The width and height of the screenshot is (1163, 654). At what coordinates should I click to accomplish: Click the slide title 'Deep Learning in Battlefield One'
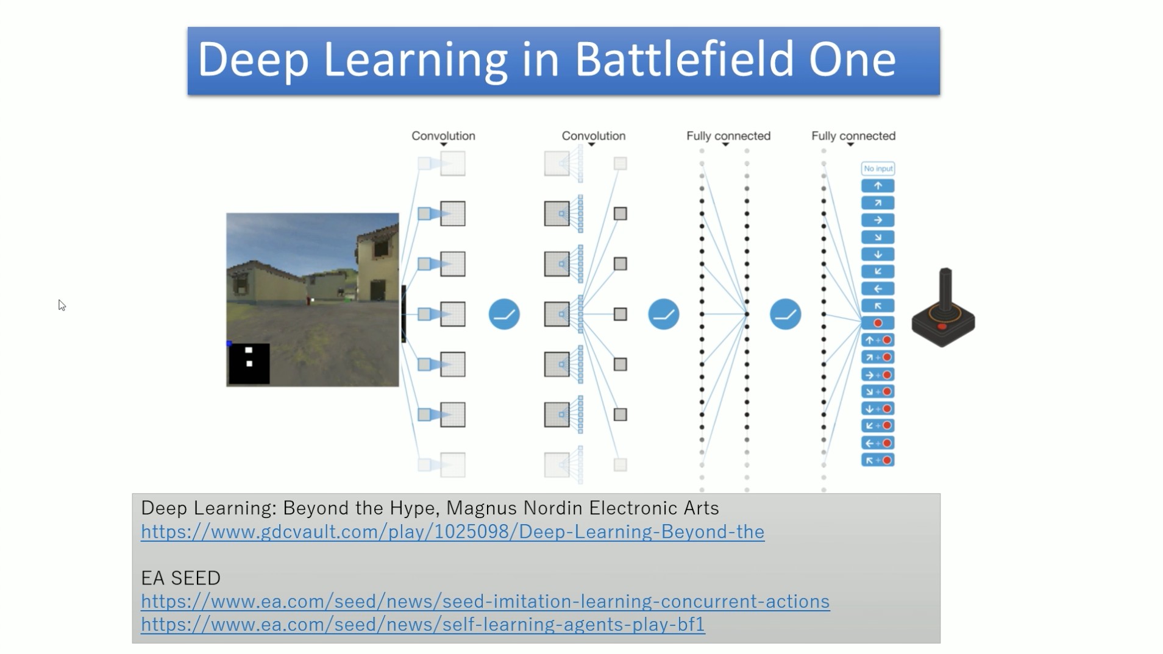click(547, 59)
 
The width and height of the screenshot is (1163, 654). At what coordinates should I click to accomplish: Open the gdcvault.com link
click(452, 532)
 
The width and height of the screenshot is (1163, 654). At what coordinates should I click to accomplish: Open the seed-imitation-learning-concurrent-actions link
click(485, 602)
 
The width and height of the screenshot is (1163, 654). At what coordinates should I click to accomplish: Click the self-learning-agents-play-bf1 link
click(423, 625)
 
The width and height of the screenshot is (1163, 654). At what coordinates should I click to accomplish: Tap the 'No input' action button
click(878, 168)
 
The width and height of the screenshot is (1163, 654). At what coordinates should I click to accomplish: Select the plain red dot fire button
click(878, 323)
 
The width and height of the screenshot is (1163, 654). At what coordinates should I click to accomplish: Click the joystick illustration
click(943, 308)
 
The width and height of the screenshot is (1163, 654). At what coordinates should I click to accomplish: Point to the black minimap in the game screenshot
click(249, 364)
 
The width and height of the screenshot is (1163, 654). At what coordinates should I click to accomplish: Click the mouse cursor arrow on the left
click(62, 305)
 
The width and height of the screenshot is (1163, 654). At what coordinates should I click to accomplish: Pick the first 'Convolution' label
click(443, 136)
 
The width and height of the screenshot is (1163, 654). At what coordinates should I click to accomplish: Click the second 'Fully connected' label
click(853, 136)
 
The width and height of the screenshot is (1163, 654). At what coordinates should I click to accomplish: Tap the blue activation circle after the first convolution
click(504, 314)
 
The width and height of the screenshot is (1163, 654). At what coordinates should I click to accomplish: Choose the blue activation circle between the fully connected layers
click(785, 314)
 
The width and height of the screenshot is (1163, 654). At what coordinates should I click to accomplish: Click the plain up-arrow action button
click(878, 186)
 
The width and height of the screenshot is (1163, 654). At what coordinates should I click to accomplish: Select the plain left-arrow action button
click(878, 289)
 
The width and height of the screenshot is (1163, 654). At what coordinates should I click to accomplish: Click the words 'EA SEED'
click(180, 578)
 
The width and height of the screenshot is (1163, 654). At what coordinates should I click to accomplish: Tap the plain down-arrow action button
click(878, 255)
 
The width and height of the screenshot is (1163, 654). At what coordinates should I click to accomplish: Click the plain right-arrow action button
click(878, 220)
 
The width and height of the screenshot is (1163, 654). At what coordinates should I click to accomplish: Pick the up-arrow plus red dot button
click(878, 340)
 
